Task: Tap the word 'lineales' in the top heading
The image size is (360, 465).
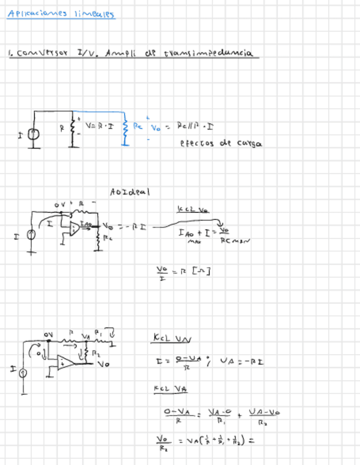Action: [x=98, y=14]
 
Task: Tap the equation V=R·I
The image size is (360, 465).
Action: [x=99, y=126]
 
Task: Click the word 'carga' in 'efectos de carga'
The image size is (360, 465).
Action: [x=249, y=144]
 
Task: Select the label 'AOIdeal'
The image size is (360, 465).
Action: [x=130, y=192]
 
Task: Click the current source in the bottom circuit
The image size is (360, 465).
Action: [x=23, y=373]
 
